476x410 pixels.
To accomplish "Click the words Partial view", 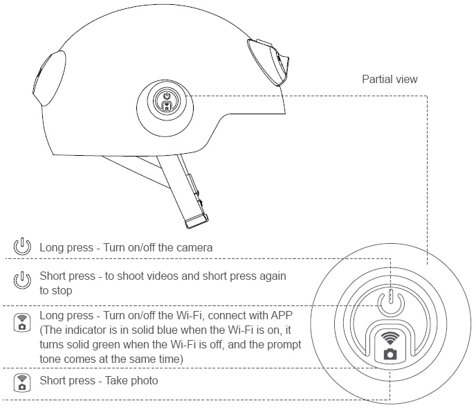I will click(390, 80).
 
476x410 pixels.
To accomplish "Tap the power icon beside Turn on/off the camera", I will click(23, 246).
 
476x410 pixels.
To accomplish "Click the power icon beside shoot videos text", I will click(23, 280).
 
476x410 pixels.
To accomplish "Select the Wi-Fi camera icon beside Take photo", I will click(23, 382).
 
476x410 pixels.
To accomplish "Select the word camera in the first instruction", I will click(195, 247).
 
